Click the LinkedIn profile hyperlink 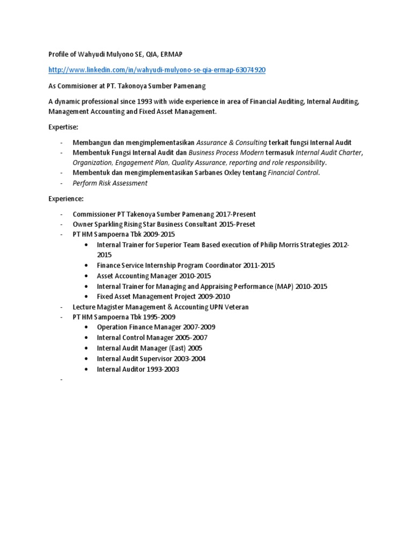(157, 70)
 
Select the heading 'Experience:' (67, 198)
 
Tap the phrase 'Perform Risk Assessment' (110, 183)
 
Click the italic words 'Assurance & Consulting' (232, 142)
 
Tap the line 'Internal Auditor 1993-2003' (138, 369)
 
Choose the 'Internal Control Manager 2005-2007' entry (152, 338)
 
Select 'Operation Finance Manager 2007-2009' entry (156, 327)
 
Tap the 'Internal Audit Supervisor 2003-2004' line (151, 359)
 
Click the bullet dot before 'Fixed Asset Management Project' (87, 296)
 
